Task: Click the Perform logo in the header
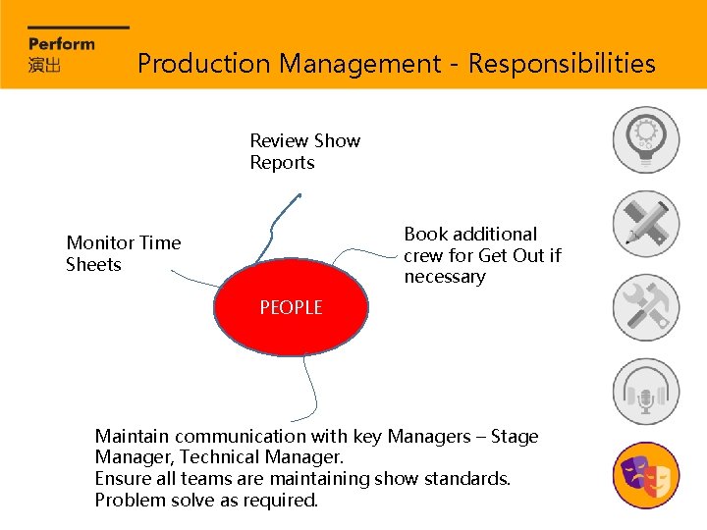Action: (x=62, y=43)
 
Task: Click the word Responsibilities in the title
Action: (x=562, y=65)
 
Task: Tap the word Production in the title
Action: (x=203, y=65)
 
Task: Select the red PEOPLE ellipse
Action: (x=291, y=308)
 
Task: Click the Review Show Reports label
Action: (x=304, y=152)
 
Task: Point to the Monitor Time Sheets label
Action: (x=123, y=253)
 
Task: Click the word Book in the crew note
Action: (x=424, y=235)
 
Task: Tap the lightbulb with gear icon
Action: (x=646, y=140)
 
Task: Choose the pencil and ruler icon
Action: (x=646, y=224)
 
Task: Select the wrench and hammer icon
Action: (x=646, y=308)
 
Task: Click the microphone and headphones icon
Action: (x=646, y=392)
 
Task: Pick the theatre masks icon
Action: (x=646, y=476)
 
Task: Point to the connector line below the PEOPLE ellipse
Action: (x=311, y=388)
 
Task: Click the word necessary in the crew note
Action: (x=445, y=278)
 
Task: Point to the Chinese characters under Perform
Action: (x=45, y=65)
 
